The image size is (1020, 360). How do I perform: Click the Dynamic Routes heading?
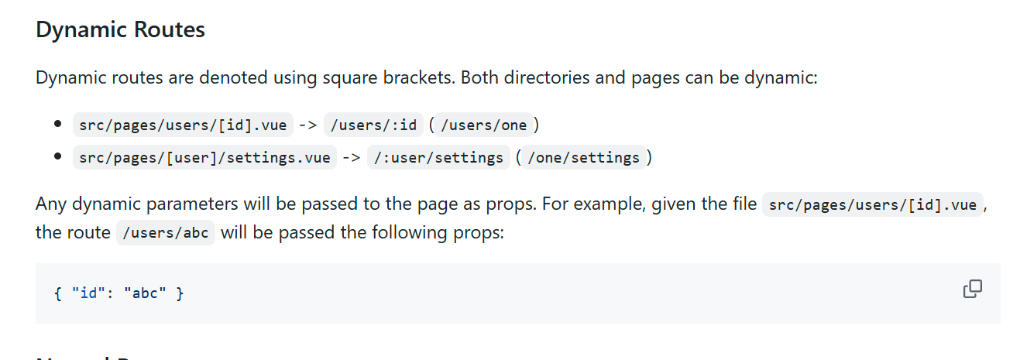pyautogui.click(x=120, y=30)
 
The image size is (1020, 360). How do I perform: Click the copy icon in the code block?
pyautogui.click(x=972, y=290)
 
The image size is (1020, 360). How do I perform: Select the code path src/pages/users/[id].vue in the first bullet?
pyautogui.click(x=183, y=125)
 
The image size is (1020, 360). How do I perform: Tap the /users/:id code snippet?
pyautogui.click(x=373, y=125)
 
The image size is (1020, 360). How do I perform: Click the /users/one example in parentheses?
pyautogui.click(x=483, y=125)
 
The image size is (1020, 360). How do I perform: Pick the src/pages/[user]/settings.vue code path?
pyautogui.click(x=204, y=158)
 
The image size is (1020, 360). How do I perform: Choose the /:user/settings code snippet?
pyautogui.click(x=438, y=158)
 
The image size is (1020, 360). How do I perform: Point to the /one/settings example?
pyautogui.click(x=583, y=158)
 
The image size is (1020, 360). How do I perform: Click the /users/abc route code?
pyautogui.click(x=166, y=233)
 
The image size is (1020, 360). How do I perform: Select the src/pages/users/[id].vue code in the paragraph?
pyautogui.click(x=873, y=205)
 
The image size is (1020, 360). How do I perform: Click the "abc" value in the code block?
pyautogui.click(x=145, y=294)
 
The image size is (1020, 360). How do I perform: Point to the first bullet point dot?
pyautogui.click(x=57, y=125)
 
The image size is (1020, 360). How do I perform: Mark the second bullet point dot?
pyautogui.click(x=57, y=157)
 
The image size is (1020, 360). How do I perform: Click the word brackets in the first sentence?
pyautogui.click(x=413, y=78)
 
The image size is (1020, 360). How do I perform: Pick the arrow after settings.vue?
pyautogui.click(x=352, y=158)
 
